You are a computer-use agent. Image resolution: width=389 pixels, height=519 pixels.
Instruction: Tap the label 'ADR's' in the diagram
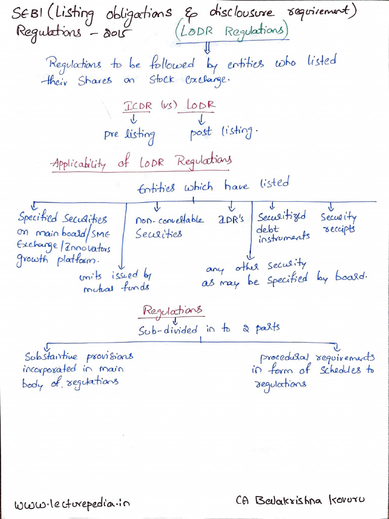[x=231, y=219]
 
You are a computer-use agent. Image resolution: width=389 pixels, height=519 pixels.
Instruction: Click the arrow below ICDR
[x=134, y=119]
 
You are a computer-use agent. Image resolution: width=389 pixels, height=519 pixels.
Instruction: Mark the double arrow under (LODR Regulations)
[x=207, y=49]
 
